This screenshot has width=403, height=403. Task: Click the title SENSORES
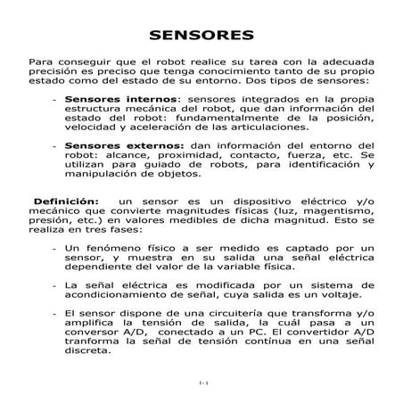coord(201,37)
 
